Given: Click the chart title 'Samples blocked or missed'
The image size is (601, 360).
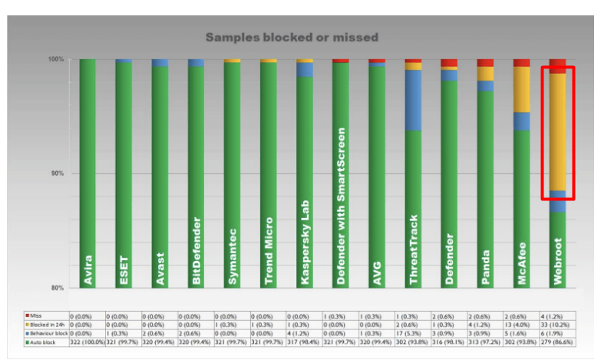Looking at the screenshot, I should click(292, 37).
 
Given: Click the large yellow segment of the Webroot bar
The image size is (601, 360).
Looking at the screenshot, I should click(558, 130).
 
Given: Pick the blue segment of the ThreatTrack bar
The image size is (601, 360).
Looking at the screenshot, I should click(413, 100).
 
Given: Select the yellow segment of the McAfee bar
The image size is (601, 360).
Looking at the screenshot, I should click(522, 88).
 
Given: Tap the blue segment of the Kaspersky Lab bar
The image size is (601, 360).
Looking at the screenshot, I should click(305, 69).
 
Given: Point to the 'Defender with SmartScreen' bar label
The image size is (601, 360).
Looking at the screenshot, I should click(341, 207).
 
